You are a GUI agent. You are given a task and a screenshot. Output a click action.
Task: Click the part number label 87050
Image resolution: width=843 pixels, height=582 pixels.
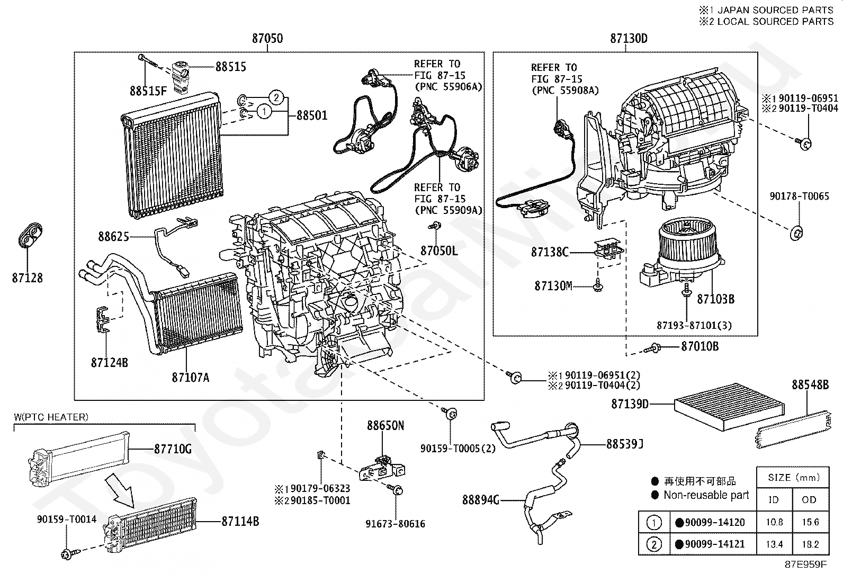(x=267, y=39)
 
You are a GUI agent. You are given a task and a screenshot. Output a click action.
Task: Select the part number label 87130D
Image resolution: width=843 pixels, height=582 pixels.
(x=629, y=39)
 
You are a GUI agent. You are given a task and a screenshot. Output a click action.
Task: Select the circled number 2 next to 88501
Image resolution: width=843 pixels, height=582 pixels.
(x=275, y=97)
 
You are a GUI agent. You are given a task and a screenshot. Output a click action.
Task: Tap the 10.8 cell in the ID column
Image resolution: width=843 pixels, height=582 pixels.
(x=774, y=522)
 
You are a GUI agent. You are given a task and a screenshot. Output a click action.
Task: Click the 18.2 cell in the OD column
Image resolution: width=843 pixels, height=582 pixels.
(x=810, y=544)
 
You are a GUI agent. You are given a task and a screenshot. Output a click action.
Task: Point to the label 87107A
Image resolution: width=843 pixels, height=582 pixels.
(x=191, y=378)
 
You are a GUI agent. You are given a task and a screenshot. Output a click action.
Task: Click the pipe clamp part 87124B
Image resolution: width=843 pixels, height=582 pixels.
(x=104, y=320)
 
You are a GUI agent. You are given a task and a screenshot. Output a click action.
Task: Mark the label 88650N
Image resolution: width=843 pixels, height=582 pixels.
(x=385, y=425)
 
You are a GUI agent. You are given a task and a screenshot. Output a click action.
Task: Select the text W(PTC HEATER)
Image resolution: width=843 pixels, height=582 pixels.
(x=51, y=417)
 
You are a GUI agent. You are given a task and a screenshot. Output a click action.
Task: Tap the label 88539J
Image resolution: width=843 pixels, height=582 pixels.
(x=625, y=444)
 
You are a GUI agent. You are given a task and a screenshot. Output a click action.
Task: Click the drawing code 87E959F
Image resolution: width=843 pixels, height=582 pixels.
(x=805, y=564)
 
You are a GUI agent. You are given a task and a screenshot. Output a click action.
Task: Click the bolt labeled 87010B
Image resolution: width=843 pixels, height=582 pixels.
(x=655, y=347)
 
